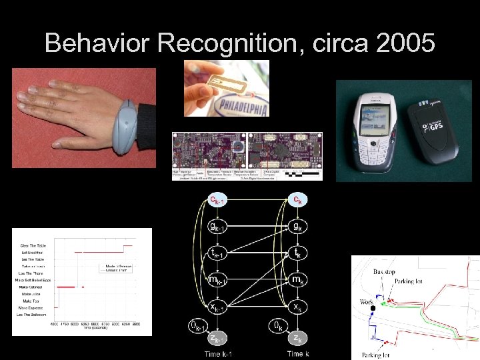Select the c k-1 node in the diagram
pos(218,199)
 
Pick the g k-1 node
pos(218,227)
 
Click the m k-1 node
pos(218,279)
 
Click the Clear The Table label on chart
pos(33,245)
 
